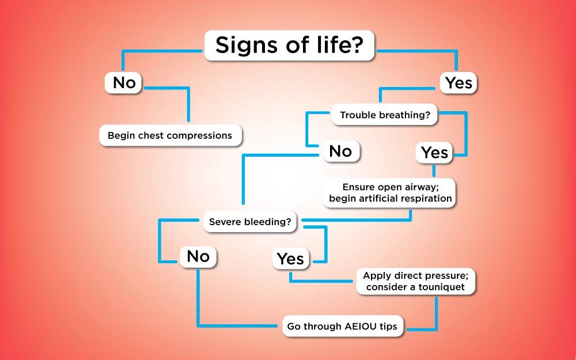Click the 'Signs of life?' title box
[x=289, y=45]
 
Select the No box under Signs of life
[x=123, y=82]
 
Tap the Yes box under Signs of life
[x=458, y=82]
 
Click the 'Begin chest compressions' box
[x=170, y=135]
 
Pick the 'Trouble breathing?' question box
[x=385, y=115]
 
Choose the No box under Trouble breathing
[x=341, y=151]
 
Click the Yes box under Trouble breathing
[x=434, y=153]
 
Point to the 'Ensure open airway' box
[x=390, y=193]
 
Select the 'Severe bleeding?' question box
[x=250, y=222]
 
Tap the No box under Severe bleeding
[x=198, y=256]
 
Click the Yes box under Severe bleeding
[x=290, y=259]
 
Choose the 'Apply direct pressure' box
[x=416, y=282]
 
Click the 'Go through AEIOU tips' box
[x=342, y=326]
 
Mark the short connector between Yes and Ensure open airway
[x=434, y=171]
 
